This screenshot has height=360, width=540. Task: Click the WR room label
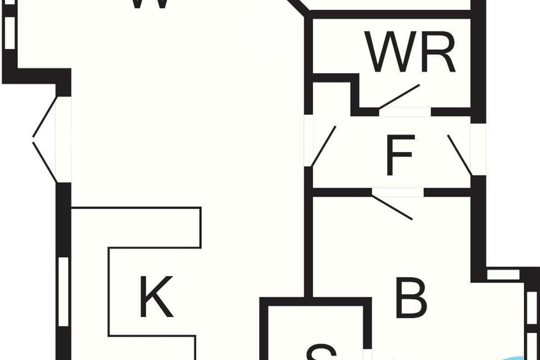(x=410, y=52)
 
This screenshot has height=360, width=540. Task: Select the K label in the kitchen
(x=156, y=297)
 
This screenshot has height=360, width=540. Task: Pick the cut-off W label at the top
(x=150, y=4)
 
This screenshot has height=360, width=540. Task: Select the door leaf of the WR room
(x=399, y=96)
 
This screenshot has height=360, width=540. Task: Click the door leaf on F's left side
(x=324, y=146)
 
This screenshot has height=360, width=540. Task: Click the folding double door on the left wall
(x=45, y=139)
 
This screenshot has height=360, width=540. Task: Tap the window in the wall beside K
(x=63, y=292)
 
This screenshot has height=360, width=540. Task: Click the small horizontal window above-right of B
(x=503, y=274)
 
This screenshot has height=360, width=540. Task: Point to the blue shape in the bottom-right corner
(x=524, y=357)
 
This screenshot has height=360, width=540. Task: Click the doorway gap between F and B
(x=398, y=193)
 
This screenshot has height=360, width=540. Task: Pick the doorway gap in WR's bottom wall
(x=405, y=112)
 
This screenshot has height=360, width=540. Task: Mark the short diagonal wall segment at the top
(x=298, y=6)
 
